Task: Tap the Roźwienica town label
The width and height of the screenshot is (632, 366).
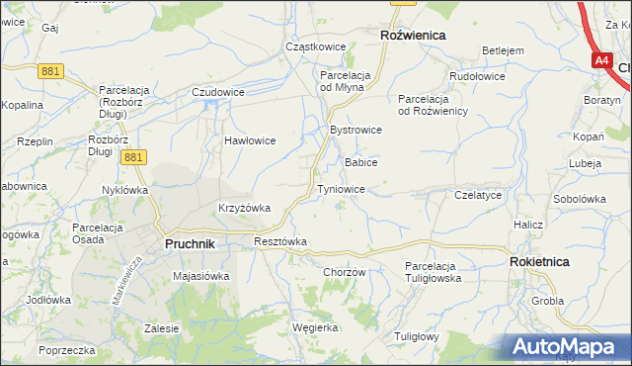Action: click(x=413, y=35)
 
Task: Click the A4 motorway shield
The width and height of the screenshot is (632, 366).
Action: click(x=602, y=60)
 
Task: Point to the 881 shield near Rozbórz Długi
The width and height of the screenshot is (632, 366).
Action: click(x=135, y=156)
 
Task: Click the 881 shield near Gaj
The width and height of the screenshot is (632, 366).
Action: click(x=51, y=70)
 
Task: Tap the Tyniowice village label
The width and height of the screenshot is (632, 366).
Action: click(x=341, y=189)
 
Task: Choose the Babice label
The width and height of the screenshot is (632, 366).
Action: click(x=360, y=161)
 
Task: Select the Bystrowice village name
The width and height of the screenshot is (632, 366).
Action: click(x=355, y=131)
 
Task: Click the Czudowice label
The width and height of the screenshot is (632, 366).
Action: click(x=218, y=92)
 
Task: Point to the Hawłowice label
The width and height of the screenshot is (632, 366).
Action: click(x=249, y=140)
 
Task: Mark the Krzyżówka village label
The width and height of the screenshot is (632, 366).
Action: click(x=244, y=208)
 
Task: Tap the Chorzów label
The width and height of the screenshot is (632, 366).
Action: click(x=345, y=272)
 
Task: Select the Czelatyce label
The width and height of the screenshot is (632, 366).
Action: click(x=479, y=196)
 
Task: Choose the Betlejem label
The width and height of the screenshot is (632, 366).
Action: click(x=502, y=50)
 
